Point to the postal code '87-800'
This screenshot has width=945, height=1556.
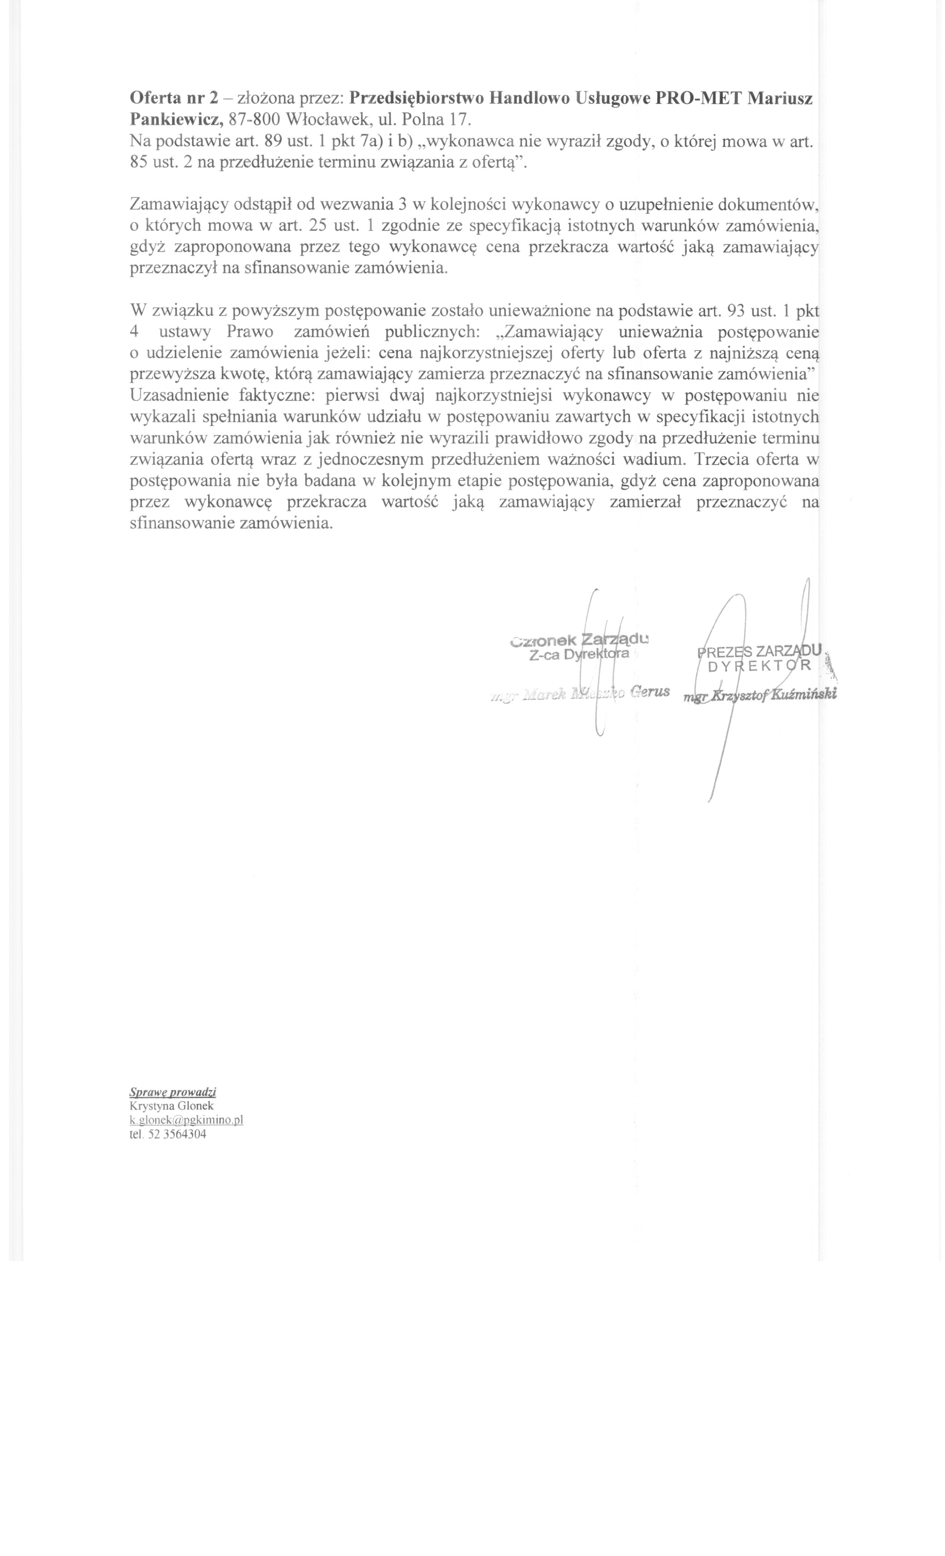253,119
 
